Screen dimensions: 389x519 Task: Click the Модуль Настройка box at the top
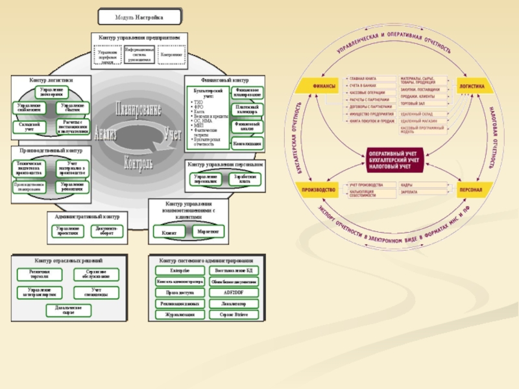pos(139,18)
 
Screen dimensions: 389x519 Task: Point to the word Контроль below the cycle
pos(138,161)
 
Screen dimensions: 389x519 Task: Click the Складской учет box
pos(29,126)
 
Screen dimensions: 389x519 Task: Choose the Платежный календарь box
pos(247,108)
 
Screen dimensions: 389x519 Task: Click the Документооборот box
pos(106,230)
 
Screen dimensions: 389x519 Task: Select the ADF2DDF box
pos(233,292)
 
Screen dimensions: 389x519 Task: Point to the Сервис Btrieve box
pos(233,314)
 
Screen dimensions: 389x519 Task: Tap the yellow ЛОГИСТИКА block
pos(472,86)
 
